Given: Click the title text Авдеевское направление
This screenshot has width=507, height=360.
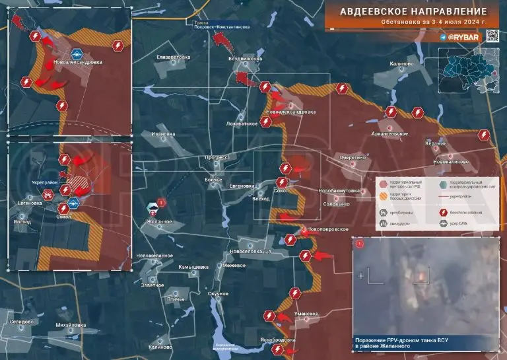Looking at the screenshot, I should [413, 11].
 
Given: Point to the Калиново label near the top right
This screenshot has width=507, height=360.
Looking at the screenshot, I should [401, 64].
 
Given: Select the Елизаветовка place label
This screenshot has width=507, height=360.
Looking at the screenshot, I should [174, 57].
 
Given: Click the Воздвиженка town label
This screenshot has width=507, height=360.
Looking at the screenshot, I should [245, 58].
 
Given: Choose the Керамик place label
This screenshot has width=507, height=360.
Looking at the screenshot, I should [436, 143].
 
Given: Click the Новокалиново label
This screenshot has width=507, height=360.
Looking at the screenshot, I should [451, 161].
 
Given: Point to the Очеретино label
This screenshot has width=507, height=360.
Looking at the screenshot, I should [353, 158].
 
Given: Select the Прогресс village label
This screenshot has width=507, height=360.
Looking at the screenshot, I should [216, 158].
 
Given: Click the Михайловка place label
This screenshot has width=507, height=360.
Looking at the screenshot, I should [71, 325].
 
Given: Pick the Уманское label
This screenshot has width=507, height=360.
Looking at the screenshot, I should [307, 312].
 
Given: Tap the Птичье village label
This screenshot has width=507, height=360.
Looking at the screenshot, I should [176, 299].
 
